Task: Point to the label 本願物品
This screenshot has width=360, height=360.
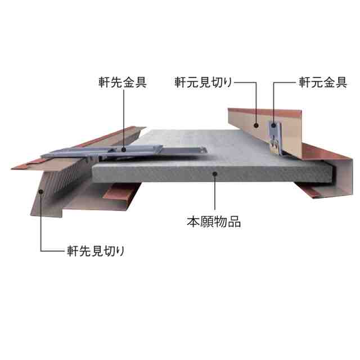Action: tap(214, 222)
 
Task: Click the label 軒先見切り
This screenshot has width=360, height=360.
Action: tap(91, 250)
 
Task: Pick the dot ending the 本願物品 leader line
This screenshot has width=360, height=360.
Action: tap(214, 174)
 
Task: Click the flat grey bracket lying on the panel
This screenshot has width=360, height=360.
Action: tap(129, 151)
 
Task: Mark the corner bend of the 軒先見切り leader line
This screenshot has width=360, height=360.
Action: tap(41, 250)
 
